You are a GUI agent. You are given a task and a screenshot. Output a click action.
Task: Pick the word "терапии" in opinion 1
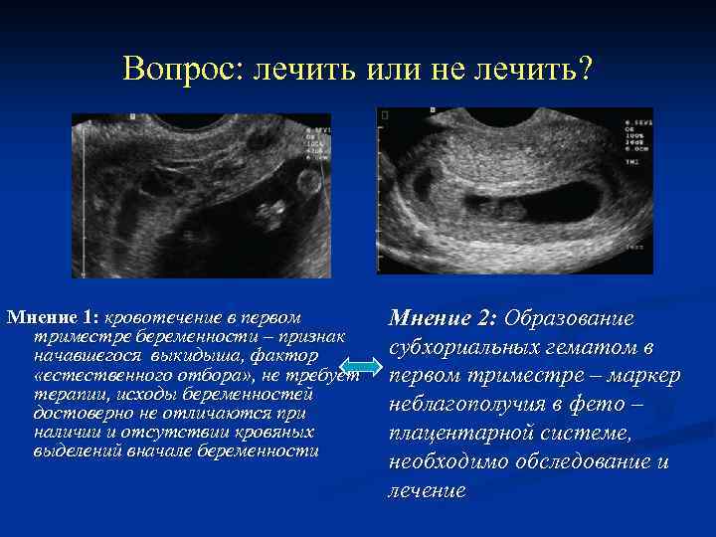62,394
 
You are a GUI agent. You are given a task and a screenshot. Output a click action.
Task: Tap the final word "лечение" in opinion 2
427,491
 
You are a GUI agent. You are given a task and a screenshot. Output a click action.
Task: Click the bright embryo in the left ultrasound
268,213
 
